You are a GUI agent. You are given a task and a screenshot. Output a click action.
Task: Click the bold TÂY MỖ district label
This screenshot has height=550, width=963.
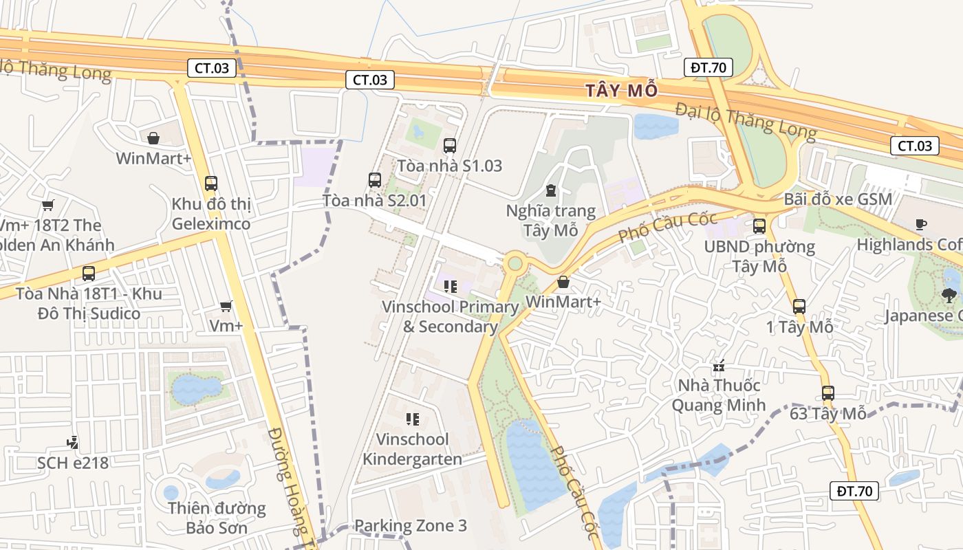[622, 90]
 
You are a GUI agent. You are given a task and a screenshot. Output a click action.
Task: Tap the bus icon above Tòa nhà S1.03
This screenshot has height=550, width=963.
[450, 146]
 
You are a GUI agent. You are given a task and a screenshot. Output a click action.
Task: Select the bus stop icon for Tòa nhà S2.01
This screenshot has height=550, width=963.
[375, 180]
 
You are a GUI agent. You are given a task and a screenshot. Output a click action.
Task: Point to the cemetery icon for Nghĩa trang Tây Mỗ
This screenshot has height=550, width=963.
[550, 190]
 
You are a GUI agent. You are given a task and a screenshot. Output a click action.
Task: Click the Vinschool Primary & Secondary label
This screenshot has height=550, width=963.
[451, 316]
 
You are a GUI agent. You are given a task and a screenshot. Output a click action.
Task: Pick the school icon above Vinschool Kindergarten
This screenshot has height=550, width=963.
[413, 419]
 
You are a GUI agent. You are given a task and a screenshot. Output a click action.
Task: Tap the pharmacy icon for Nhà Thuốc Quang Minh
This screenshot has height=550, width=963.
[719, 365]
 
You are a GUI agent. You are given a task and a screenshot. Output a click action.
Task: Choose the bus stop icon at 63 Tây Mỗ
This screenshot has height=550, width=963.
[828, 393]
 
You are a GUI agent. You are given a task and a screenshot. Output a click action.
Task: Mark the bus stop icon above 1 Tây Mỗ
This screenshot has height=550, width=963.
[799, 307]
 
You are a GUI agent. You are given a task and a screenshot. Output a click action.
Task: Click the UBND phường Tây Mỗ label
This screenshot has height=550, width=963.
[759, 256]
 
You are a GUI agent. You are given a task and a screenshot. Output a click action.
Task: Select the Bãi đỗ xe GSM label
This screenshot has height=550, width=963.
[838, 199]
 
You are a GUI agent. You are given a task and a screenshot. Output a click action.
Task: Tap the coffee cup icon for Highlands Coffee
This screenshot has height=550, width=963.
[921, 224]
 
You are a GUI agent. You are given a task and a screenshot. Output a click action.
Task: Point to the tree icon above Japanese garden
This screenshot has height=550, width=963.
[949, 296]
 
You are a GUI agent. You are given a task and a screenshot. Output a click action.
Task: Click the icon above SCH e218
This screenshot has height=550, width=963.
[72, 442]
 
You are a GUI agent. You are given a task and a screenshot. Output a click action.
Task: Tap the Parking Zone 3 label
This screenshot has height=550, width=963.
[410, 526]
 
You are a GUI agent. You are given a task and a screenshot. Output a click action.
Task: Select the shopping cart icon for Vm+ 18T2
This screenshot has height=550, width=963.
[47, 205]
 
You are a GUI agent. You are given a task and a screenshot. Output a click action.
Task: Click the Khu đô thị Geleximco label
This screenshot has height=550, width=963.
[211, 214]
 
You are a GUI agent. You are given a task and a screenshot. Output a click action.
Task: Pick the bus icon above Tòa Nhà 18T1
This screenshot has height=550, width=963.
[89, 274]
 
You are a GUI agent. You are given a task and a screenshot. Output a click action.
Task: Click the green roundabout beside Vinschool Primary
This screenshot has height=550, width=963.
[515, 263]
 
